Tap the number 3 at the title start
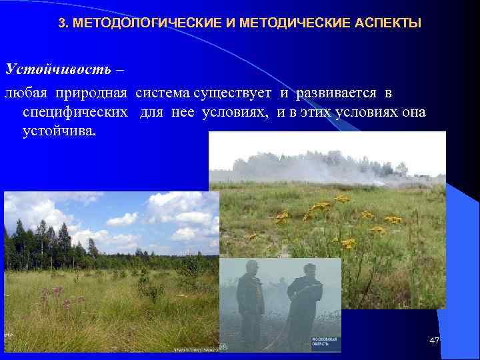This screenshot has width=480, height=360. tap(63, 24)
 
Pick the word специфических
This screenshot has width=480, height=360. tap(75, 111)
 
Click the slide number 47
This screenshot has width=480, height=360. tap(435, 341)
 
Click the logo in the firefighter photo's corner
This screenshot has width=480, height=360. tap(325, 343)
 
